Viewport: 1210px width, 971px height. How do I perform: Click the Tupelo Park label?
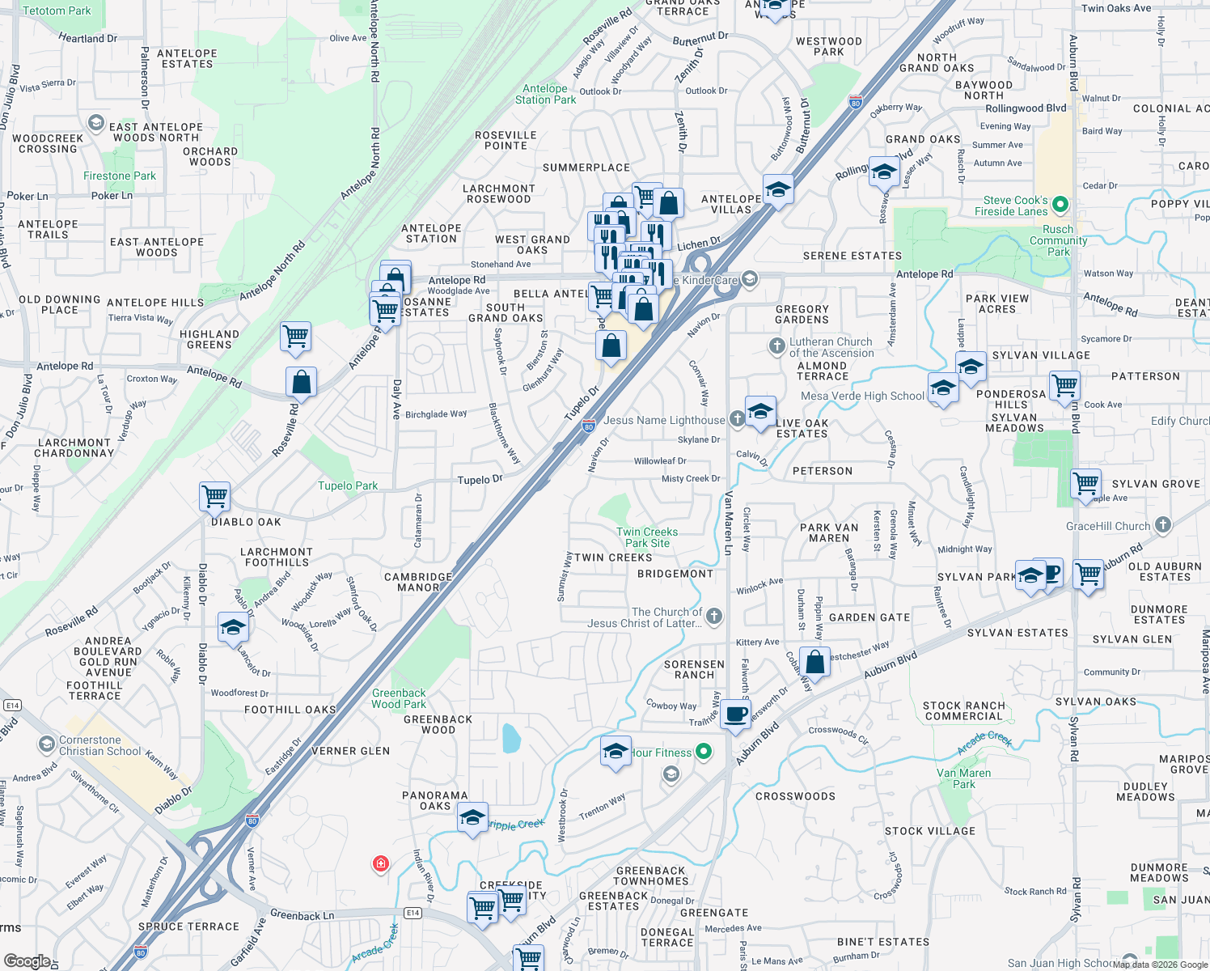click(348, 485)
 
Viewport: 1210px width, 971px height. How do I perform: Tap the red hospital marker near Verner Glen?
click(381, 864)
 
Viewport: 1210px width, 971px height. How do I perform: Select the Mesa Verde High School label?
click(862, 396)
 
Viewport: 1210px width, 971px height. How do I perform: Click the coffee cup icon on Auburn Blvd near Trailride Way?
click(736, 714)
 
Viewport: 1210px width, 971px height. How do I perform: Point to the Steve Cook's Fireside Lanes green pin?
click(1061, 206)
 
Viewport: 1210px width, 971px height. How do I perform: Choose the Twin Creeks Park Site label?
click(647, 537)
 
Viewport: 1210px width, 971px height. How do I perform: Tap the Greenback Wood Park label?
click(399, 698)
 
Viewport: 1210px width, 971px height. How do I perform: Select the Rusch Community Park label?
click(1058, 240)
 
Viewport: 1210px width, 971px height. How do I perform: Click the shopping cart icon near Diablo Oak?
click(215, 495)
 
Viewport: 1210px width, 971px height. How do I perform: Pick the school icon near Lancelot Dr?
click(233, 627)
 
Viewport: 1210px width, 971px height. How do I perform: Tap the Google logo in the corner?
click(27, 960)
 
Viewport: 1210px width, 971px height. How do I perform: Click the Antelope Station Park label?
click(545, 94)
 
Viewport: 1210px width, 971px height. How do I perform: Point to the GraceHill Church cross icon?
click(1163, 525)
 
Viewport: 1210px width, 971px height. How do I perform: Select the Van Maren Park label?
click(963, 778)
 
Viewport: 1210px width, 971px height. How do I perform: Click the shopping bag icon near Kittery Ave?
click(815, 661)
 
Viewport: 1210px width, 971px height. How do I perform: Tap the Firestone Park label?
click(120, 176)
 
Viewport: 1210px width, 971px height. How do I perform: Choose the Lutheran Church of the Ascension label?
click(831, 347)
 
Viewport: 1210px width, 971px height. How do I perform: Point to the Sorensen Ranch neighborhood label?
click(694, 669)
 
